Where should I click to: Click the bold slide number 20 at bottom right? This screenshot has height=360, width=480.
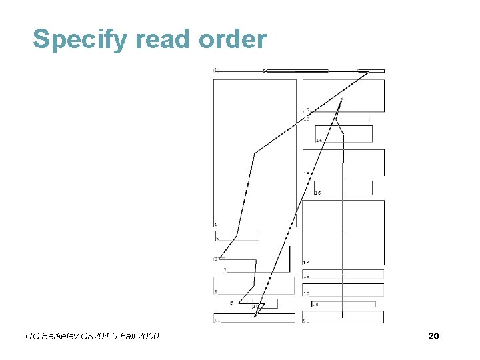433,337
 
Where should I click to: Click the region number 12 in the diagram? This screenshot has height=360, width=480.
306,109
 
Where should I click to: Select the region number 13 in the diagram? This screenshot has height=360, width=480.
306,119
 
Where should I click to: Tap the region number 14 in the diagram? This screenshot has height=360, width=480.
319,140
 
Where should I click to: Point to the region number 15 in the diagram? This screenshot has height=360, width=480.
307,173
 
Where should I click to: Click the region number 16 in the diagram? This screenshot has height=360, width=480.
318,193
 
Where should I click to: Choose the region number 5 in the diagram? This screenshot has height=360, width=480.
217,238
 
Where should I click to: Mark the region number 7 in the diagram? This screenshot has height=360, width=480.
225,270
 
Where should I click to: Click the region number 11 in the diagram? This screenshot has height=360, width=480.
217,320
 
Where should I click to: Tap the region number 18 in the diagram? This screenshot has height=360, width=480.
306,275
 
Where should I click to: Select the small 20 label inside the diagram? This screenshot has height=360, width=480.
315,304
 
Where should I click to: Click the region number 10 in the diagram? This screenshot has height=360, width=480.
255,306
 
